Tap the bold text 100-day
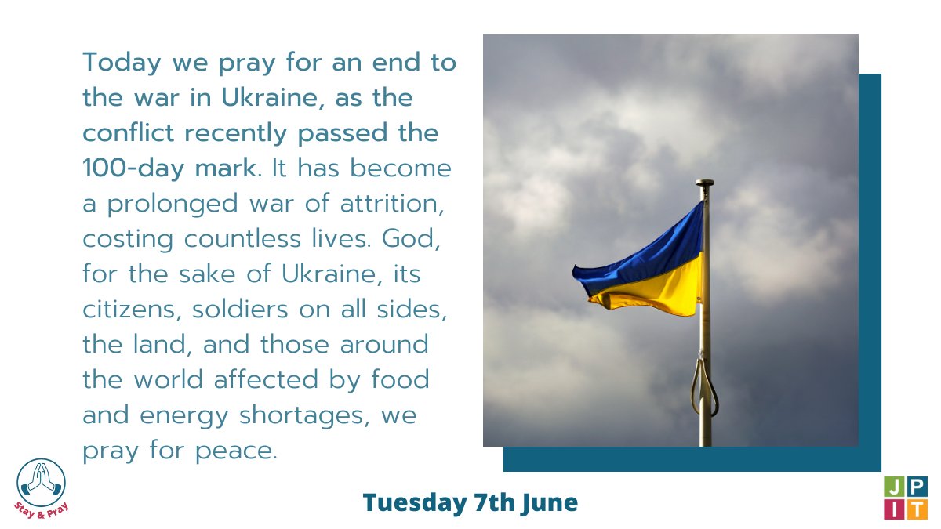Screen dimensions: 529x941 (x=126, y=168)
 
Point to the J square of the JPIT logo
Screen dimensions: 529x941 (x=893, y=487)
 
